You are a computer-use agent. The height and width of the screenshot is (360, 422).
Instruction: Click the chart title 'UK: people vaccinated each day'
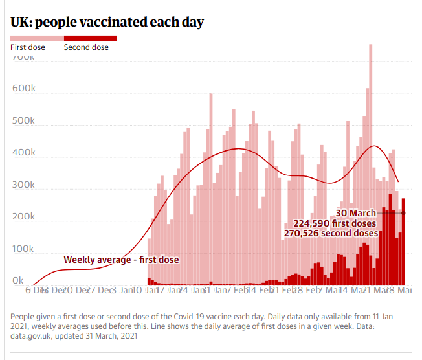(x=107, y=22)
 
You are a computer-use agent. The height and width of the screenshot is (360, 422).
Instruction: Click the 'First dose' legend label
(x=27, y=47)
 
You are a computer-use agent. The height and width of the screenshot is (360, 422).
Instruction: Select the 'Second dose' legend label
(x=87, y=47)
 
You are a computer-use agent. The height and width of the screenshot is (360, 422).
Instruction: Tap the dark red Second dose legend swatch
(x=91, y=38)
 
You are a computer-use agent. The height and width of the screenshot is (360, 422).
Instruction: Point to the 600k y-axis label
(x=23, y=88)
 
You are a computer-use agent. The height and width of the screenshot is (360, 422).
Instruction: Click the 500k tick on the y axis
(x=23, y=120)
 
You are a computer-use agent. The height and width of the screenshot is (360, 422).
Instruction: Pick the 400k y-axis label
(x=23, y=153)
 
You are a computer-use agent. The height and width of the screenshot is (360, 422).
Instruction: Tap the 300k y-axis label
(x=23, y=185)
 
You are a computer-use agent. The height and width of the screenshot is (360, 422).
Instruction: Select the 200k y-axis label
(x=23, y=217)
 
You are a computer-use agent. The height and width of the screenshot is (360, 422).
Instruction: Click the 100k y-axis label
(x=23, y=249)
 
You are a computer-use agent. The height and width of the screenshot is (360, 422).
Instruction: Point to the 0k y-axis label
(x=18, y=281)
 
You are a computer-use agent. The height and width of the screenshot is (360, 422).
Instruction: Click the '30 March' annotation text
(x=355, y=213)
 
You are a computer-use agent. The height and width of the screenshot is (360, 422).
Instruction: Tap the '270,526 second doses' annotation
(x=331, y=233)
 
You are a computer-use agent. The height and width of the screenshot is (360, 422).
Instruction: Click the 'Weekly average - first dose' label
(x=121, y=260)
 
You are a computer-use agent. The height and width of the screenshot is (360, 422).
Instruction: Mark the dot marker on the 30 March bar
(x=403, y=213)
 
